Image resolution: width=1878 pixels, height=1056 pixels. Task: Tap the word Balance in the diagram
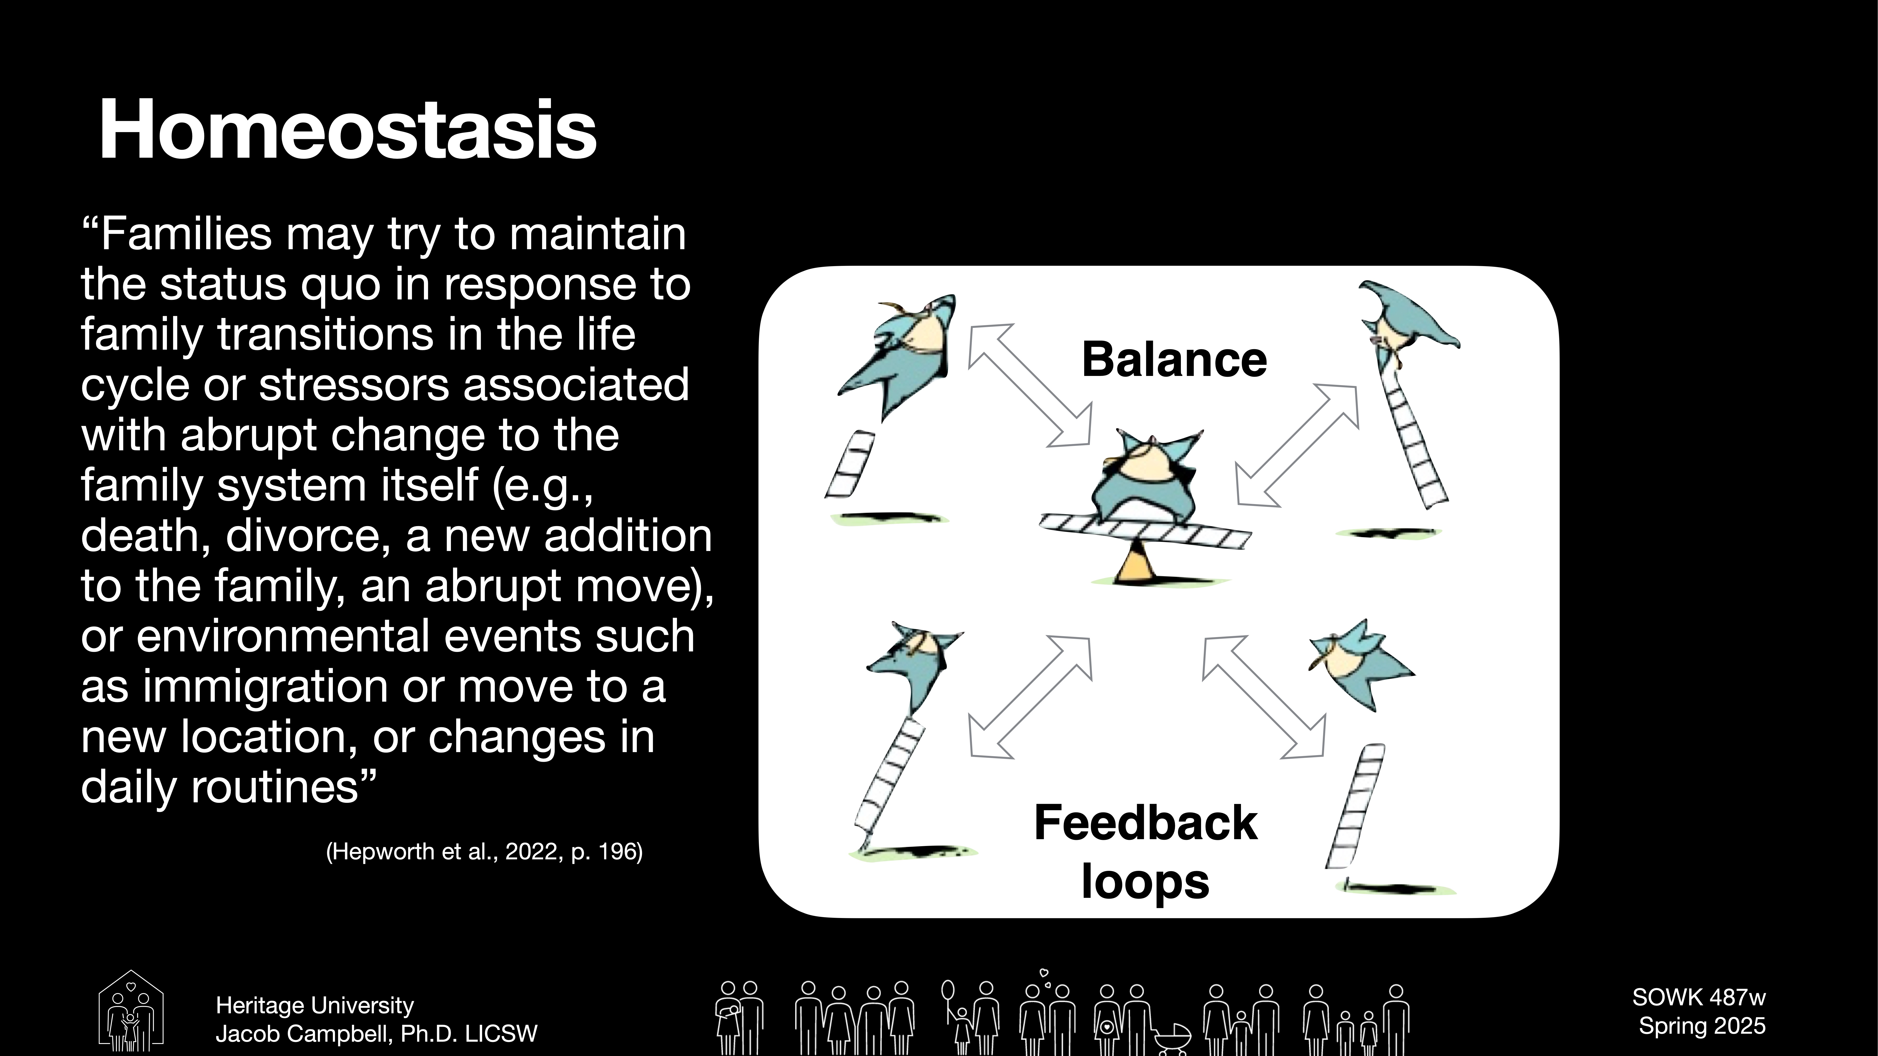pyautogui.click(x=1174, y=360)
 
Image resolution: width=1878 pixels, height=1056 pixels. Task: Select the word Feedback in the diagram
pyautogui.click(x=1145, y=823)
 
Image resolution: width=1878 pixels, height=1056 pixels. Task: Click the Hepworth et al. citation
pyautogui.click(x=484, y=851)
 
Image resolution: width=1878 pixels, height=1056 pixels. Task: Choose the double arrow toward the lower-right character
pyautogui.click(x=1264, y=697)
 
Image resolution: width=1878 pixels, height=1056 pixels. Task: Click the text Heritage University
pyautogui.click(x=315, y=1006)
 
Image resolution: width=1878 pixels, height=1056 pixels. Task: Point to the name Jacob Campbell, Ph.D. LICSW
pyautogui.click(x=376, y=1033)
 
